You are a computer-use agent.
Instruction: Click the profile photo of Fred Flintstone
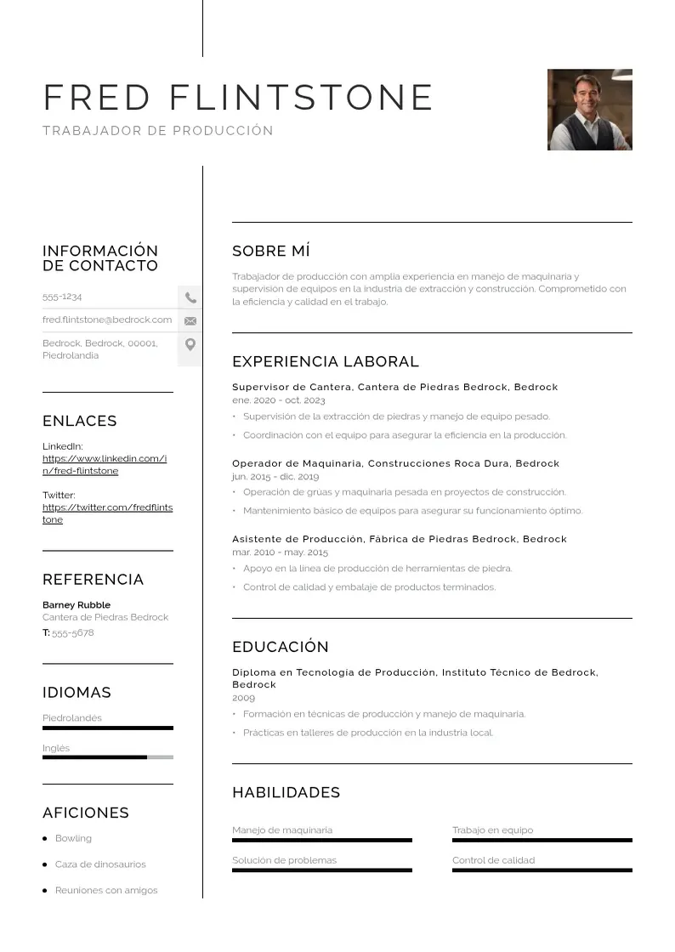[589, 110]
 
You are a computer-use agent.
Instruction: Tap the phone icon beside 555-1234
[190, 297]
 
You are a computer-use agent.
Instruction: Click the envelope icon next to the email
[190, 320]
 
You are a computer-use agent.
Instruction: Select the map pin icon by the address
[190, 344]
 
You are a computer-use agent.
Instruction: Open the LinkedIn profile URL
[104, 465]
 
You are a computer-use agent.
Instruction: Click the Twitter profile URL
[107, 513]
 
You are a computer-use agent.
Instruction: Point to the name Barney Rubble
[77, 605]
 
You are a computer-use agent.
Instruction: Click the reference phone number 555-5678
[73, 633]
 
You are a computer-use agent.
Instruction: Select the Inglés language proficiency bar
[107, 756]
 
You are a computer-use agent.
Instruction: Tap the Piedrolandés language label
[72, 718]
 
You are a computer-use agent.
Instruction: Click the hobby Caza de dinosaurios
[100, 864]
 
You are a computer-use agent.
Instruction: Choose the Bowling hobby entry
[73, 838]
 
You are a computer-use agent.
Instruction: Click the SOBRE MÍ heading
[271, 251]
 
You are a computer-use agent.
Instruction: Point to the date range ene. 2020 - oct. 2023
[279, 400]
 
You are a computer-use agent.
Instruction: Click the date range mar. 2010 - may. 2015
[280, 552]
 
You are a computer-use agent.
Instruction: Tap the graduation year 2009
[243, 698]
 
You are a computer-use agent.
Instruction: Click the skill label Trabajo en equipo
[493, 830]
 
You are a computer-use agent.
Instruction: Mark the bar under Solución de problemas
[322, 870]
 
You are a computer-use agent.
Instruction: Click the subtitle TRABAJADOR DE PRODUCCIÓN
[158, 131]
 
